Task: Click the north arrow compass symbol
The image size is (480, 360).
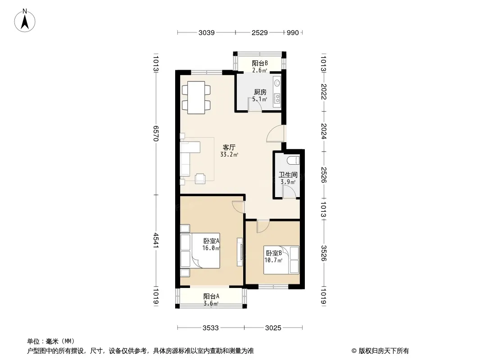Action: pyautogui.click(x=25, y=21)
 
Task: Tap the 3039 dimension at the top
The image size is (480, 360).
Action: pyautogui.click(x=207, y=33)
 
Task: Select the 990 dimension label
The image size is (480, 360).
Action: pyautogui.click(x=293, y=33)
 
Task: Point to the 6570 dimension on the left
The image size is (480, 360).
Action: pyautogui.click(x=156, y=133)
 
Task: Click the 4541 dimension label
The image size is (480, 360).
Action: pyautogui.click(x=156, y=240)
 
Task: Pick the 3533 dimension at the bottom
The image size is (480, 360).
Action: pyautogui.click(x=211, y=328)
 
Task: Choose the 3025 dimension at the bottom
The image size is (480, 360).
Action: pyautogui.click(x=273, y=328)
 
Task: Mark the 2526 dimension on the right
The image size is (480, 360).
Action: pyautogui.click(x=324, y=175)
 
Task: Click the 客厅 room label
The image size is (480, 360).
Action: pyautogui.click(x=229, y=148)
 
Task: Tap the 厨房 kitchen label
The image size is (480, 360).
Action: pyautogui.click(x=260, y=92)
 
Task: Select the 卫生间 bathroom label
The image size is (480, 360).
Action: pyautogui.click(x=288, y=175)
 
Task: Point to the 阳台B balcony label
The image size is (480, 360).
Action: pyautogui.click(x=260, y=63)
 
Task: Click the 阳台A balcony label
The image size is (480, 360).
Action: pyautogui.click(x=211, y=297)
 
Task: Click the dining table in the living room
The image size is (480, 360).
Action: pyautogui.click(x=196, y=98)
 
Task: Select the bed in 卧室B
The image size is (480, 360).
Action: pyautogui.click(x=281, y=260)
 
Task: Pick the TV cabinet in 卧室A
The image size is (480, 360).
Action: pyautogui.click(x=240, y=252)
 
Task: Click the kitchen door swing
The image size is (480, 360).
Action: pyautogui.click(x=255, y=104)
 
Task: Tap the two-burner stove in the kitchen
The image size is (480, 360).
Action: pyautogui.click(x=277, y=98)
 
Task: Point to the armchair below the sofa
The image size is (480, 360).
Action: pyautogui.click(x=200, y=179)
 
